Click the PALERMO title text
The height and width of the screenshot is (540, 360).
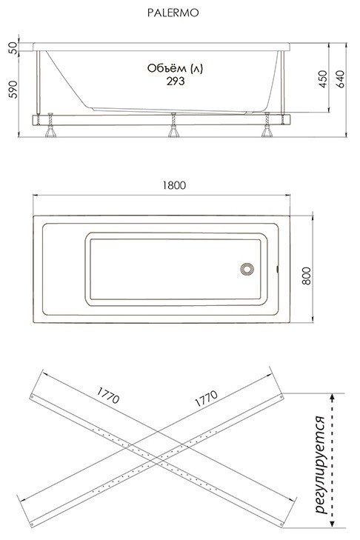(x=173, y=13)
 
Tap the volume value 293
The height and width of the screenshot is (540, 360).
(x=176, y=81)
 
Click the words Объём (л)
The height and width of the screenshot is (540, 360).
(x=175, y=68)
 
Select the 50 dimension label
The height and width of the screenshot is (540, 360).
(x=13, y=47)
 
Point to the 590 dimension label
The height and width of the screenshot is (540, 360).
(x=13, y=89)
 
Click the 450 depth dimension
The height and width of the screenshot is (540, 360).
(x=322, y=79)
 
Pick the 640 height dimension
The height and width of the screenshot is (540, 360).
(x=340, y=79)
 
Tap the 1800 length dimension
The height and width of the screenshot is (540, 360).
(x=174, y=185)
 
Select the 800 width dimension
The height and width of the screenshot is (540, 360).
(x=306, y=276)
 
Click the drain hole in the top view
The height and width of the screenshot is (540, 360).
(x=247, y=269)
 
